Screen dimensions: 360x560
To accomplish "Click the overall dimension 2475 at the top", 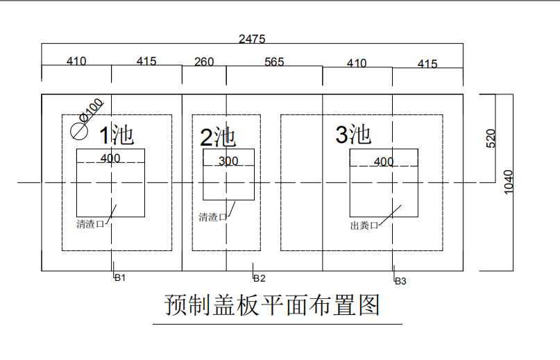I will (252, 39).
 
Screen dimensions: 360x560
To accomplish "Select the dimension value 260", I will (204, 62).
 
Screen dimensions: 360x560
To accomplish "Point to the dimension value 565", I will (274, 62).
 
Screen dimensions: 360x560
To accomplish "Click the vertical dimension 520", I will (491, 138).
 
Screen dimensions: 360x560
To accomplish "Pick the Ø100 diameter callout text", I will (92, 109).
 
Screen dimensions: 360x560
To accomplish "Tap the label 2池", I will (218, 136).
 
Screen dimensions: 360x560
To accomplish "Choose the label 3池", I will (353, 134).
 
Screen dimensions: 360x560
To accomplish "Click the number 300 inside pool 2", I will (228, 161).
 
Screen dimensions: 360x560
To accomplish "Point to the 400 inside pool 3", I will (384, 162).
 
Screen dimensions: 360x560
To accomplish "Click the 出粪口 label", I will (364, 225).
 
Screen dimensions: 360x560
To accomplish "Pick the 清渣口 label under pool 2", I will (212, 217).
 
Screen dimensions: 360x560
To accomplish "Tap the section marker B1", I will (120, 277).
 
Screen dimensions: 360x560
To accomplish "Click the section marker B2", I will (259, 278).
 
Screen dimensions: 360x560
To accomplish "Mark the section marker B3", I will (400, 281).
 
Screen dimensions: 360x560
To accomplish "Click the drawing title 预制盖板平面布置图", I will (273, 305).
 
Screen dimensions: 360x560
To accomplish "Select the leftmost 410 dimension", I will (76, 61).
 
